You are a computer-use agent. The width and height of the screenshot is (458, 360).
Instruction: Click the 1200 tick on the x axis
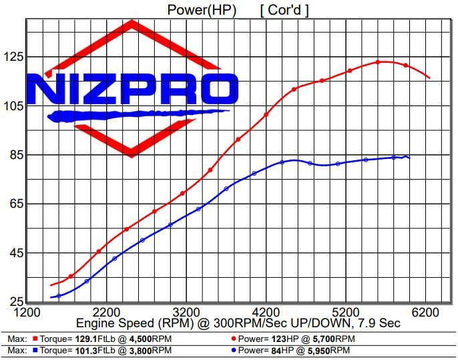click(26, 312)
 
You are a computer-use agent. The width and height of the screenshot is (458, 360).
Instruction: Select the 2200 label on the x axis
click(106, 312)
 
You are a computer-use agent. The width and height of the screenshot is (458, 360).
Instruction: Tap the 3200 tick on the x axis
click(186, 312)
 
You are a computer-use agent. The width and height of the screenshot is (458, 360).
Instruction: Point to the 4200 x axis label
click(266, 312)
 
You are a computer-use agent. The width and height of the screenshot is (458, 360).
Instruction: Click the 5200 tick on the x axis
click(347, 312)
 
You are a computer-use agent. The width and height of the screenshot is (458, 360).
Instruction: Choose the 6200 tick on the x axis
click(427, 312)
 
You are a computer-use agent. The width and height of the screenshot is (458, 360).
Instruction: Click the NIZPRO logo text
click(134, 88)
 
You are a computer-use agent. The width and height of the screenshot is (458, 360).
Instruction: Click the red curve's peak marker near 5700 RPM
click(378, 62)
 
